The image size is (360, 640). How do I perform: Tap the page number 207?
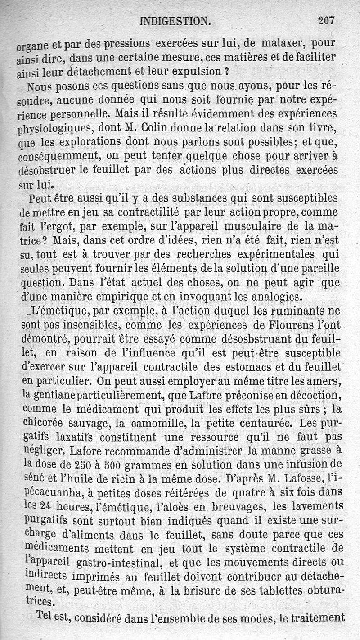click(x=328, y=20)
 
